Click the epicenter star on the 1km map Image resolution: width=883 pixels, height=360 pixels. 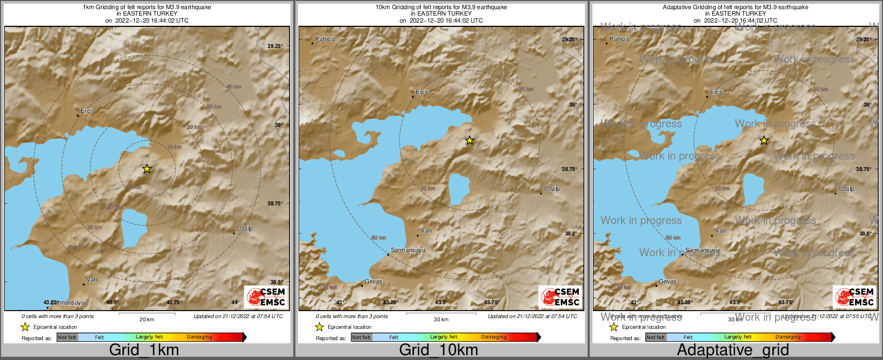tap(147, 169)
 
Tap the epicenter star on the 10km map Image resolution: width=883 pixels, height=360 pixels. tap(469, 140)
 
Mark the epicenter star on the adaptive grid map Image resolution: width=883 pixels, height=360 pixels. tap(764, 140)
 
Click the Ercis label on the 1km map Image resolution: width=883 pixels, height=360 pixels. tap(87, 111)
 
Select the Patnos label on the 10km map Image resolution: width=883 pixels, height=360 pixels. tap(324, 39)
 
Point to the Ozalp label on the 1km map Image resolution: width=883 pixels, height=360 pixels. tap(244, 229)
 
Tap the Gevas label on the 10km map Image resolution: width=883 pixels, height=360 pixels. tap(373, 282)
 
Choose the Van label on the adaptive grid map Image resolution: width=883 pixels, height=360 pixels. tap(720, 231)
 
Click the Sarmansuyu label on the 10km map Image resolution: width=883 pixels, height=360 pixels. tap(407, 250)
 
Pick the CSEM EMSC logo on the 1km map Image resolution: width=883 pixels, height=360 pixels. tap(265, 297)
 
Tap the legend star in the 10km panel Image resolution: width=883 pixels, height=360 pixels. tap(320, 327)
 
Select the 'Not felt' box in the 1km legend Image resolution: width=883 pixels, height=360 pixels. tap(67, 337)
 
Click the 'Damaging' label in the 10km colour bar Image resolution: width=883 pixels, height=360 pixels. tap(494, 337)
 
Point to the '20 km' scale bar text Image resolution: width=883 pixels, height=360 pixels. tap(147, 320)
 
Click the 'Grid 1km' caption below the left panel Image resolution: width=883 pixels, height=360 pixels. tap(144, 350)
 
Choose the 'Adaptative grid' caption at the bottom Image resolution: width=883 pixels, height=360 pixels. tap(733, 350)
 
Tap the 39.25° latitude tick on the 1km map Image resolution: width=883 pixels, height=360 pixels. tap(275, 46)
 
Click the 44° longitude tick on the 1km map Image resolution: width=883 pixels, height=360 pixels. tap(235, 303)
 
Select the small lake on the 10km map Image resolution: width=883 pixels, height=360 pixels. tap(458, 189)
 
